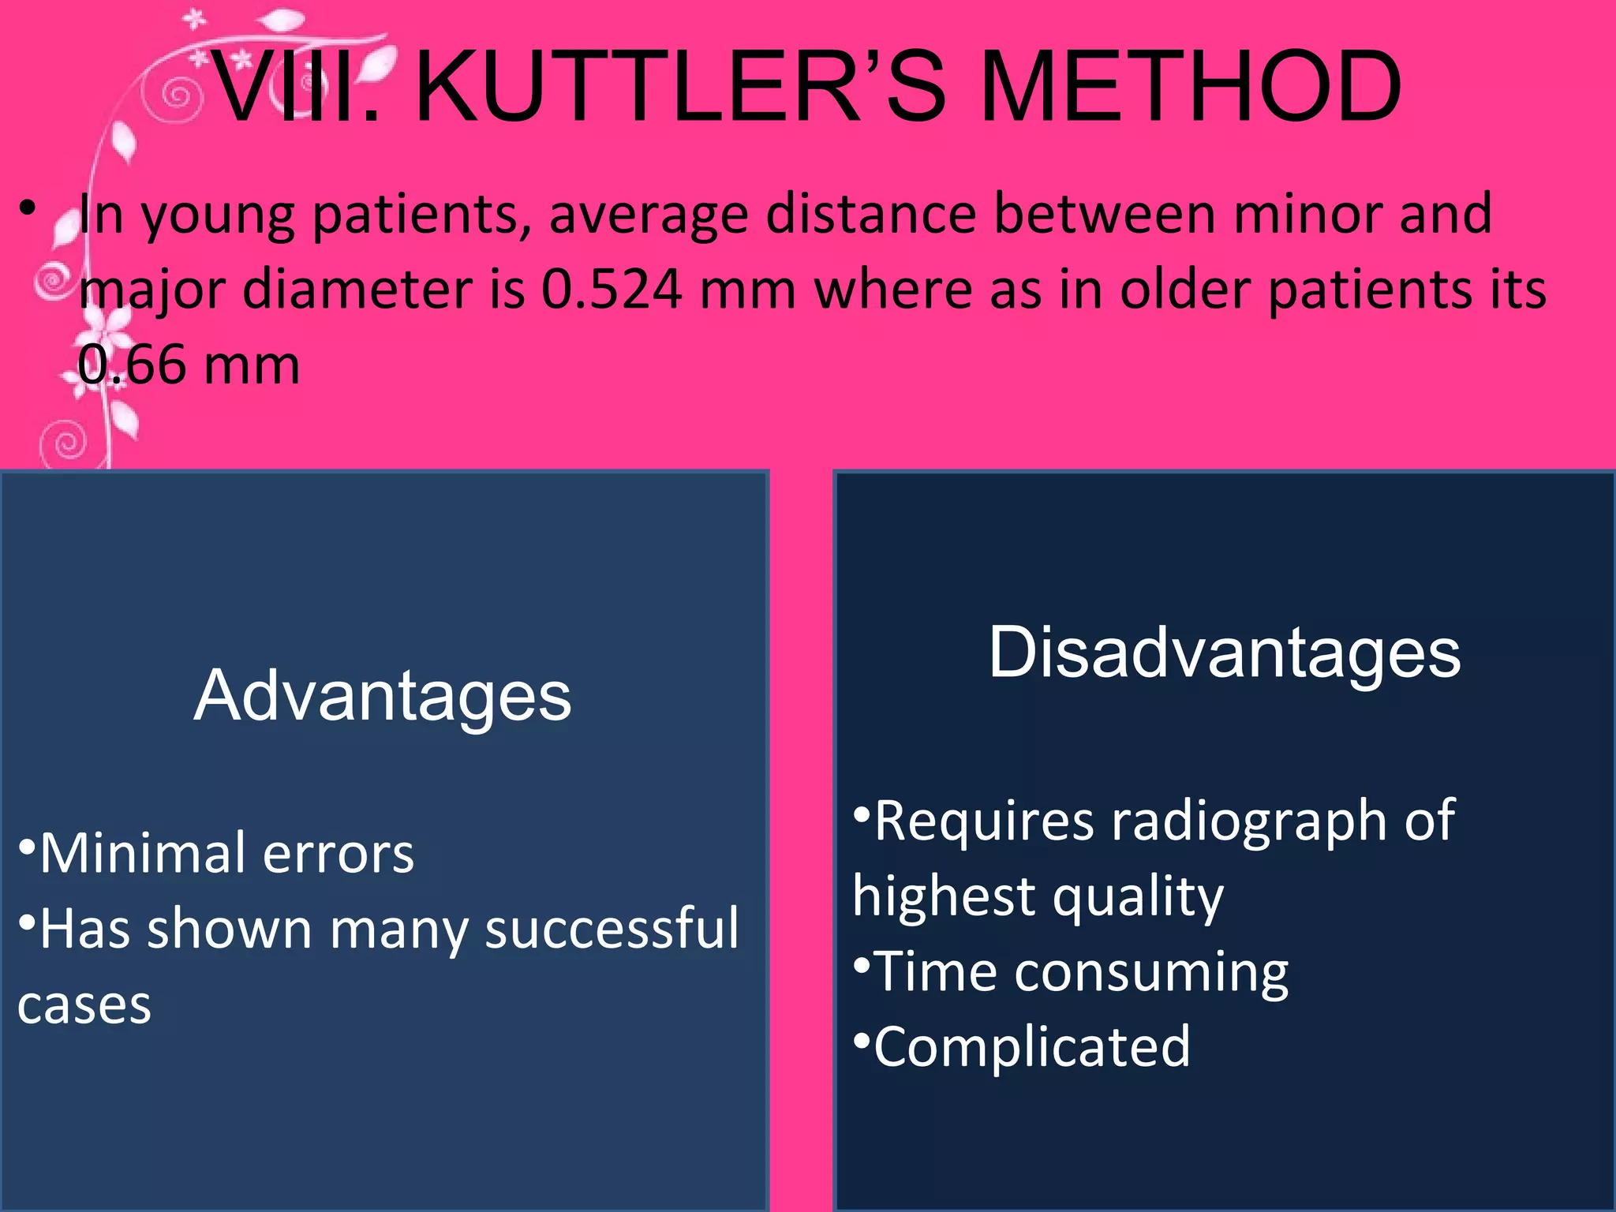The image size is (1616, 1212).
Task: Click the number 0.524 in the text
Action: pos(612,290)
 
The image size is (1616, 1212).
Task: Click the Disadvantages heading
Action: pos(1225,653)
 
